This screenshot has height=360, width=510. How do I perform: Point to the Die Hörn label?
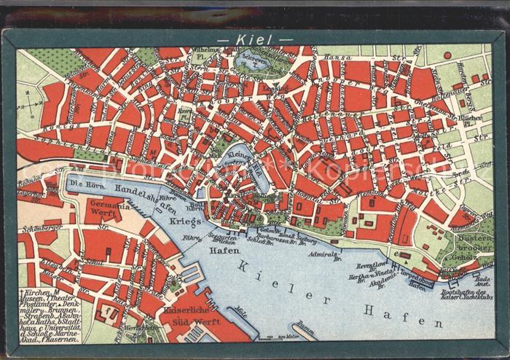click(83, 184)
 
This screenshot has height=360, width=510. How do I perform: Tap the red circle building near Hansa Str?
click(447, 55)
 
